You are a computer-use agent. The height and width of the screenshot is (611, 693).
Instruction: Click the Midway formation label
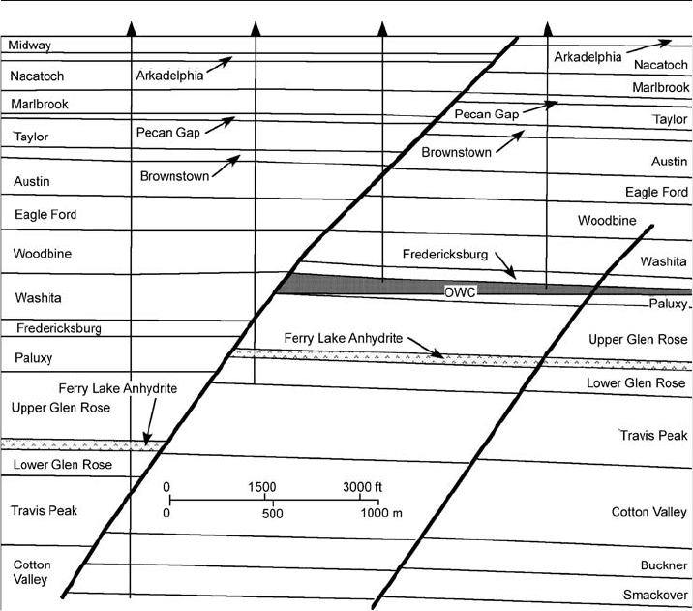pos(30,46)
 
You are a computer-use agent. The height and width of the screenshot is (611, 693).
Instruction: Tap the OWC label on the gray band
pos(460,292)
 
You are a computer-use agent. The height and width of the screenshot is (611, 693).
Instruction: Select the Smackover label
pos(655,595)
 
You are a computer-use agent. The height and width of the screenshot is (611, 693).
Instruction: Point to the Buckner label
pos(664,565)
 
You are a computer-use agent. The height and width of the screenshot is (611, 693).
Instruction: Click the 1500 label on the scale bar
pos(261,487)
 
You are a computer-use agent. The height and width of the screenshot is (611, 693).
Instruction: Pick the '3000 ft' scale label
pos(362,487)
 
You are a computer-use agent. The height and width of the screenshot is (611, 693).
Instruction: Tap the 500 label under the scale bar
pos(272,513)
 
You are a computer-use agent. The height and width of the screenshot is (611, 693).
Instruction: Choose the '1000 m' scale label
pos(381,513)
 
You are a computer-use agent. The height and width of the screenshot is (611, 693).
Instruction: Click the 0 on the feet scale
pos(166,487)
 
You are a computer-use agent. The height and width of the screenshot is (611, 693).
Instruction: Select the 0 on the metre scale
pos(166,513)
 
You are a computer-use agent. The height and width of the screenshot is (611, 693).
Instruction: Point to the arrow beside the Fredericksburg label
pos(505,265)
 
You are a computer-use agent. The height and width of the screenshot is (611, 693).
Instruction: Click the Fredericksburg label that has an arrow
pos(445,255)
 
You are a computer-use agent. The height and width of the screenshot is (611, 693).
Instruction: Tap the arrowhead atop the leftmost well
pos(132,28)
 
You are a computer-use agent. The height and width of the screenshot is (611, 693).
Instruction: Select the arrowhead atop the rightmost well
pos(548,28)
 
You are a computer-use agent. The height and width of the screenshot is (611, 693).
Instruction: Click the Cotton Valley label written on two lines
pos(31,572)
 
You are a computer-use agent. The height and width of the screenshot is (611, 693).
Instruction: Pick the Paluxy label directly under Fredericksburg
pos(34,357)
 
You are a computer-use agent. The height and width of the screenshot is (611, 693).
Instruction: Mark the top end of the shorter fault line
pos(652,226)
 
